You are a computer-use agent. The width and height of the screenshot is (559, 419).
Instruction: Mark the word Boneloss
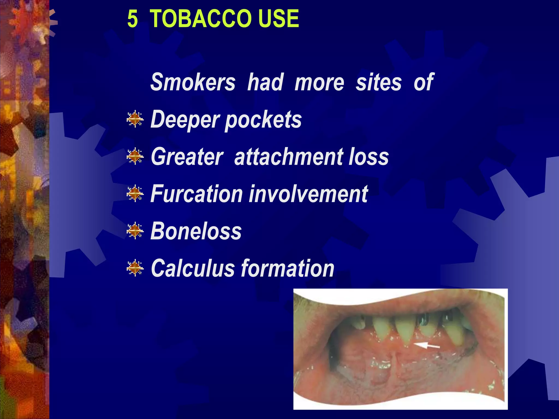[x=196, y=231]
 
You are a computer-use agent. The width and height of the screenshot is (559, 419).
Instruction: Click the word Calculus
[x=193, y=268]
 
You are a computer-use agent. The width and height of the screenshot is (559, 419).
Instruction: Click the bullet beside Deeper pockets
[x=135, y=119]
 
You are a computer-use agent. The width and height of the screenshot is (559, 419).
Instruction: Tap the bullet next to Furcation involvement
[x=135, y=194]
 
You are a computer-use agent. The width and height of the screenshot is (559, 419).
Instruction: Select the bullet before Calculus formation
[x=135, y=268]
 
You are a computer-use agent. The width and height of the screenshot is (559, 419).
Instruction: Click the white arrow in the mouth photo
[x=427, y=346]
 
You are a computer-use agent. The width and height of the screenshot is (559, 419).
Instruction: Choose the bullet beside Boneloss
[x=135, y=231]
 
